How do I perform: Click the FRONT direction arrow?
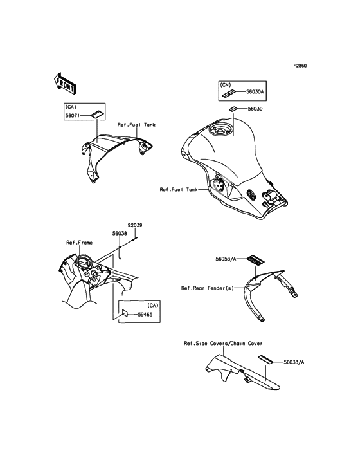65,83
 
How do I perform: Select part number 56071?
72,115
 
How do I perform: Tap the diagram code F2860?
300,66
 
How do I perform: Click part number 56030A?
255,92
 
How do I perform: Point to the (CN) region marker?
226,85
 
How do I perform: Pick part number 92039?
135,225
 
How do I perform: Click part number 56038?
120,233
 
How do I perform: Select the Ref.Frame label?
80,243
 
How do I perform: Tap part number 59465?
145,315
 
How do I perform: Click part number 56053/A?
226,258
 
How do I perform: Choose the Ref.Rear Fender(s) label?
207,288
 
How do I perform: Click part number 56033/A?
294,362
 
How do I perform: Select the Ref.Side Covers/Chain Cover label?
223,343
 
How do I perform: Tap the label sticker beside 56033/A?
266,359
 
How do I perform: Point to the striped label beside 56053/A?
256,259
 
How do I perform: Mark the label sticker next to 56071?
96,115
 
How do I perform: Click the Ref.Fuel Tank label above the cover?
136,125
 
